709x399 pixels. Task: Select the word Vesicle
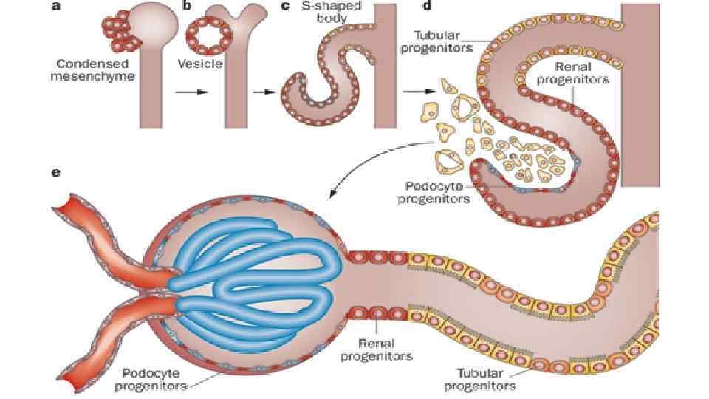pos(200,64)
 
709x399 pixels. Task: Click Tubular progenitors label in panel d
pos(443,41)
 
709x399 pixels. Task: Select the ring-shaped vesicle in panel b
pos(208,33)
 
